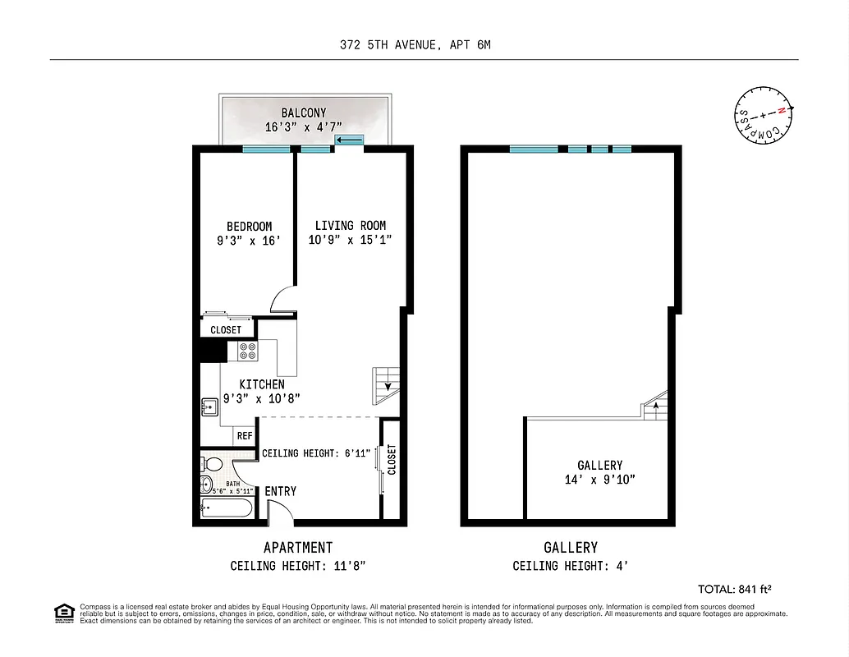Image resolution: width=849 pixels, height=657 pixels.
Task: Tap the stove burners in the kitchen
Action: (x=248, y=351)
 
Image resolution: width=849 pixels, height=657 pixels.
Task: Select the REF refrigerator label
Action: (x=245, y=436)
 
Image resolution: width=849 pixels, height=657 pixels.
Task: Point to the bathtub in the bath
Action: (x=227, y=508)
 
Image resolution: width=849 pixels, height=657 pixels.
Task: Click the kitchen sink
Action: (x=208, y=404)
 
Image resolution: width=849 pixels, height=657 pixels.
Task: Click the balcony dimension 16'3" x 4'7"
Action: (x=303, y=127)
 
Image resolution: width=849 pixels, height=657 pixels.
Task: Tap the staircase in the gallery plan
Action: (x=656, y=406)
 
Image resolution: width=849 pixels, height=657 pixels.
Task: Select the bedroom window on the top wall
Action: (x=266, y=149)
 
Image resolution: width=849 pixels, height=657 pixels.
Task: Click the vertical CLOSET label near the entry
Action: (x=391, y=460)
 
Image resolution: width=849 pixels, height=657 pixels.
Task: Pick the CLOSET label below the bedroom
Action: (x=226, y=330)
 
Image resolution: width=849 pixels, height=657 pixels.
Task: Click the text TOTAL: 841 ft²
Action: (x=734, y=589)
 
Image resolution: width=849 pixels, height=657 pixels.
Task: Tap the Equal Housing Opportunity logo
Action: (x=63, y=612)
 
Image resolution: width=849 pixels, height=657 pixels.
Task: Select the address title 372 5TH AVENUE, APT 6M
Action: (x=415, y=45)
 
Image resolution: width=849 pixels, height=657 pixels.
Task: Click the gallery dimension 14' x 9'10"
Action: (x=599, y=479)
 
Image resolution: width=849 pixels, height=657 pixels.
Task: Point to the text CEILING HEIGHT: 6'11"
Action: (x=316, y=453)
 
